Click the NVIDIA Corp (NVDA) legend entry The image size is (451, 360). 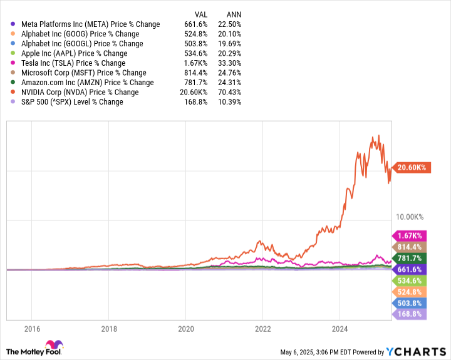(x=81, y=92)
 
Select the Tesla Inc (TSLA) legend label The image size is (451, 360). (x=73, y=63)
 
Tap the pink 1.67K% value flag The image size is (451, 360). (x=410, y=235)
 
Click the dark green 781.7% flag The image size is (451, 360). (x=410, y=258)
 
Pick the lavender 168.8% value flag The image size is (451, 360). (x=410, y=314)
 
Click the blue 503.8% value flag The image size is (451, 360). (x=410, y=303)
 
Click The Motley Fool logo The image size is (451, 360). (x=35, y=348)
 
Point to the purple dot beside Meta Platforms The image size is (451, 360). (x=13, y=24)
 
